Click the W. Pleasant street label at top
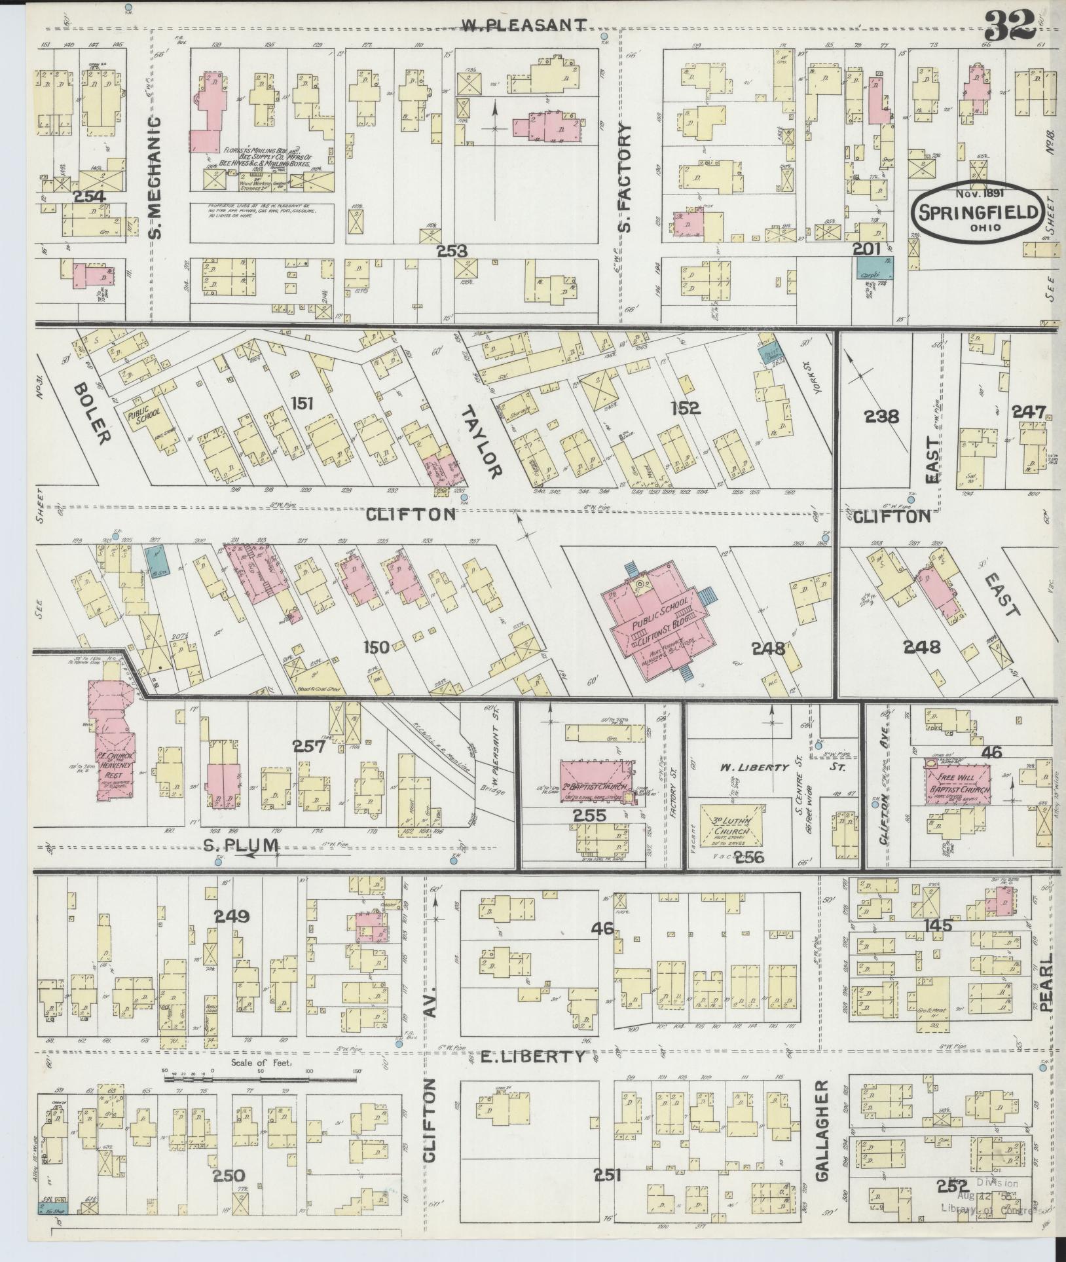524,25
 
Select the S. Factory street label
626,177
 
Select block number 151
304,403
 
